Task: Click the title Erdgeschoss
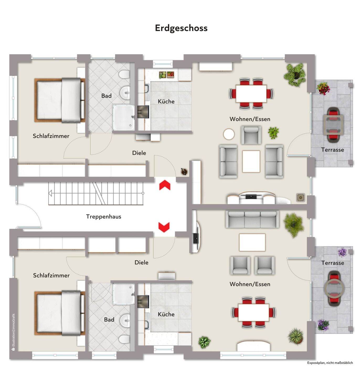tap(181, 28)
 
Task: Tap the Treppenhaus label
tap(103, 217)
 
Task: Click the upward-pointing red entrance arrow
tap(164, 185)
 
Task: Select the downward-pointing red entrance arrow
tap(164, 227)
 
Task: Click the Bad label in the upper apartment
tap(106, 96)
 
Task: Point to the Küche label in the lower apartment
tap(166, 314)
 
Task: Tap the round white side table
tap(229, 134)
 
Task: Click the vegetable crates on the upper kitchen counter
tap(166, 75)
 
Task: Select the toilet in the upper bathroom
tap(124, 74)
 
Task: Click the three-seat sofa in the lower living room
tap(252, 219)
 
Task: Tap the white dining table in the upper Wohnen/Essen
tap(251, 93)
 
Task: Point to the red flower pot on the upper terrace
tap(323, 88)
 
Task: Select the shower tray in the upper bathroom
tap(124, 118)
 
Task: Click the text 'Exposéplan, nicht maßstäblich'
tap(330, 363)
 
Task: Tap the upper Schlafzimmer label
tap(51, 136)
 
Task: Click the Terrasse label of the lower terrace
tap(333, 263)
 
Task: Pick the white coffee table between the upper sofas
tap(251, 161)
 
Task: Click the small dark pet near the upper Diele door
tap(184, 171)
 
